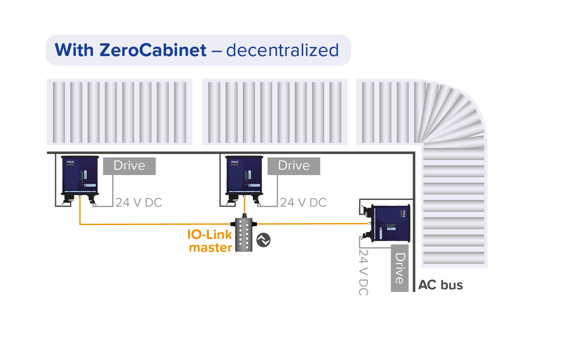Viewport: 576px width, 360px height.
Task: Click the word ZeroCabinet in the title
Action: pyautogui.click(x=153, y=50)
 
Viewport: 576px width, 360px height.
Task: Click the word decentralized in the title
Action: pyautogui.click(x=282, y=50)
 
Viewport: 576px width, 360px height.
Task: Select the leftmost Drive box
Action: pyautogui.click(x=129, y=166)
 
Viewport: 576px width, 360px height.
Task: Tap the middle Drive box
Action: pyautogui.click(x=294, y=166)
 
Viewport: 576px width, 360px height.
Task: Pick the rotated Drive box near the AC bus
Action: pyautogui.click(x=400, y=268)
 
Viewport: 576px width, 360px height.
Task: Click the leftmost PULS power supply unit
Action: pyautogui.click(x=80, y=176)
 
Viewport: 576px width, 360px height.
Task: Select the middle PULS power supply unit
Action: pyautogui.click(x=244, y=176)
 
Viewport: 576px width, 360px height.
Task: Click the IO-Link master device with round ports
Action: pyautogui.click(x=244, y=234)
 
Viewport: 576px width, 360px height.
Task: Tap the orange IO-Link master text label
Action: pyautogui.click(x=210, y=241)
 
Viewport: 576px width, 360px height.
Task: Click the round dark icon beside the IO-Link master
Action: pyautogui.click(x=263, y=240)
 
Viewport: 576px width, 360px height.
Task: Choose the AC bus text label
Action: pyautogui.click(x=441, y=285)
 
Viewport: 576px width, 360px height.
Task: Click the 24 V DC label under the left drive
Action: pyautogui.click(x=139, y=203)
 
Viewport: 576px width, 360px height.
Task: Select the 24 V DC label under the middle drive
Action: pyautogui.click(x=303, y=203)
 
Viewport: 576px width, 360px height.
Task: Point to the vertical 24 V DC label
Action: pyautogui.click(x=363, y=272)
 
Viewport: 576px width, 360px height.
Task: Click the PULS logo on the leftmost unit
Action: pyautogui.click(x=70, y=162)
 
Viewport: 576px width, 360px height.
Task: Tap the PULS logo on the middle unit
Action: pyautogui.click(x=234, y=162)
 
